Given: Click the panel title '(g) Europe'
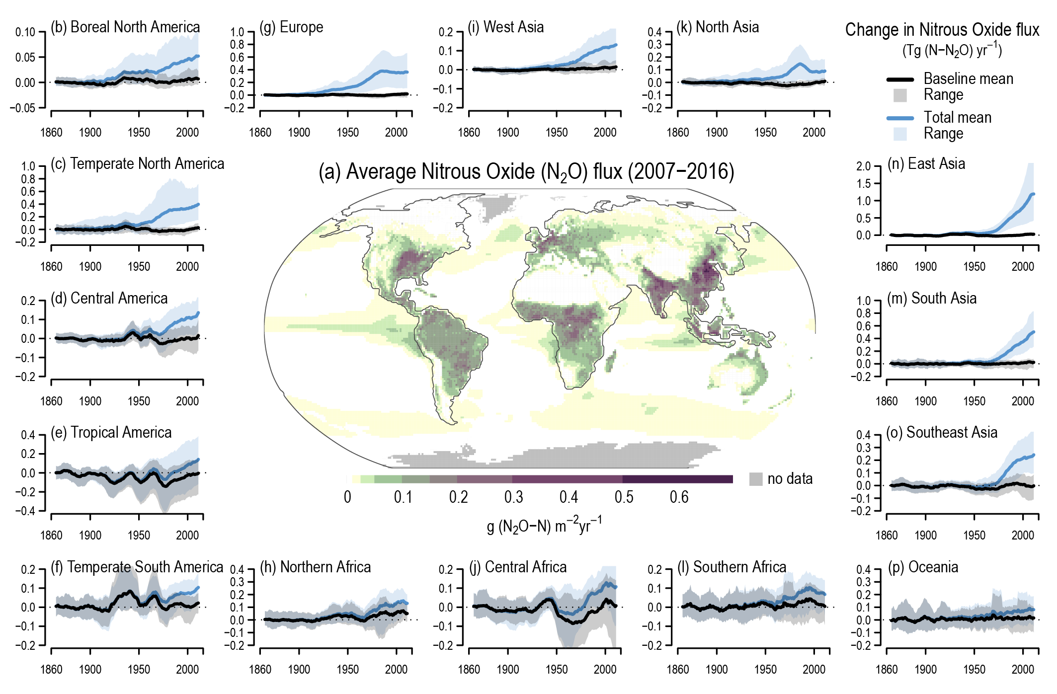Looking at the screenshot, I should (x=291, y=27).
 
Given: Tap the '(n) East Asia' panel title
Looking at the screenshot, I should (x=926, y=164).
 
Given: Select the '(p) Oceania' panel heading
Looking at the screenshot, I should (x=923, y=567).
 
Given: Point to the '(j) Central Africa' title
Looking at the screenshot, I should (x=518, y=567).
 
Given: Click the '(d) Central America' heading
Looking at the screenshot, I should (x=109, y=299).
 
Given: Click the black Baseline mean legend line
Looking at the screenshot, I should (x=900, y=79).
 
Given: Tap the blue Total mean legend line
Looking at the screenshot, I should (x=900, y=118).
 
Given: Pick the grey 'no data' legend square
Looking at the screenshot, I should (x=755, y=479).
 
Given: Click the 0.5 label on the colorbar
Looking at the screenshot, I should (x=624, y=497).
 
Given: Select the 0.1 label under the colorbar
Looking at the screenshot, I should (x=403, y=497).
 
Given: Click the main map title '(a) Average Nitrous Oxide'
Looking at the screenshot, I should (x=526, y=172).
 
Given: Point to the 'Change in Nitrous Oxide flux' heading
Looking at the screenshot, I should (x=942, y=30).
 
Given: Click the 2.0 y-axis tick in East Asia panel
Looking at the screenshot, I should (x=864, y=166).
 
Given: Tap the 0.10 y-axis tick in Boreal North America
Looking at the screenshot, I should (x=25, y=32).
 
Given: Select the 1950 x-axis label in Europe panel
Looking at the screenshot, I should (x=347, y=133).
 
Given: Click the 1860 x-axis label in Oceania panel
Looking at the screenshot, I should (x=887, y=670).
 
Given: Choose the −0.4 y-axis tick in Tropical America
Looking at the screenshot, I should (x=27, y=511).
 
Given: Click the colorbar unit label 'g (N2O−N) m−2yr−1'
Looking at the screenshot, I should (x=544, y=525).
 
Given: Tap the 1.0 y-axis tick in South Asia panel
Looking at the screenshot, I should (x=864, y=301).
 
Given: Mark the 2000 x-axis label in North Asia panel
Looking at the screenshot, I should (x=814, y=133).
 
